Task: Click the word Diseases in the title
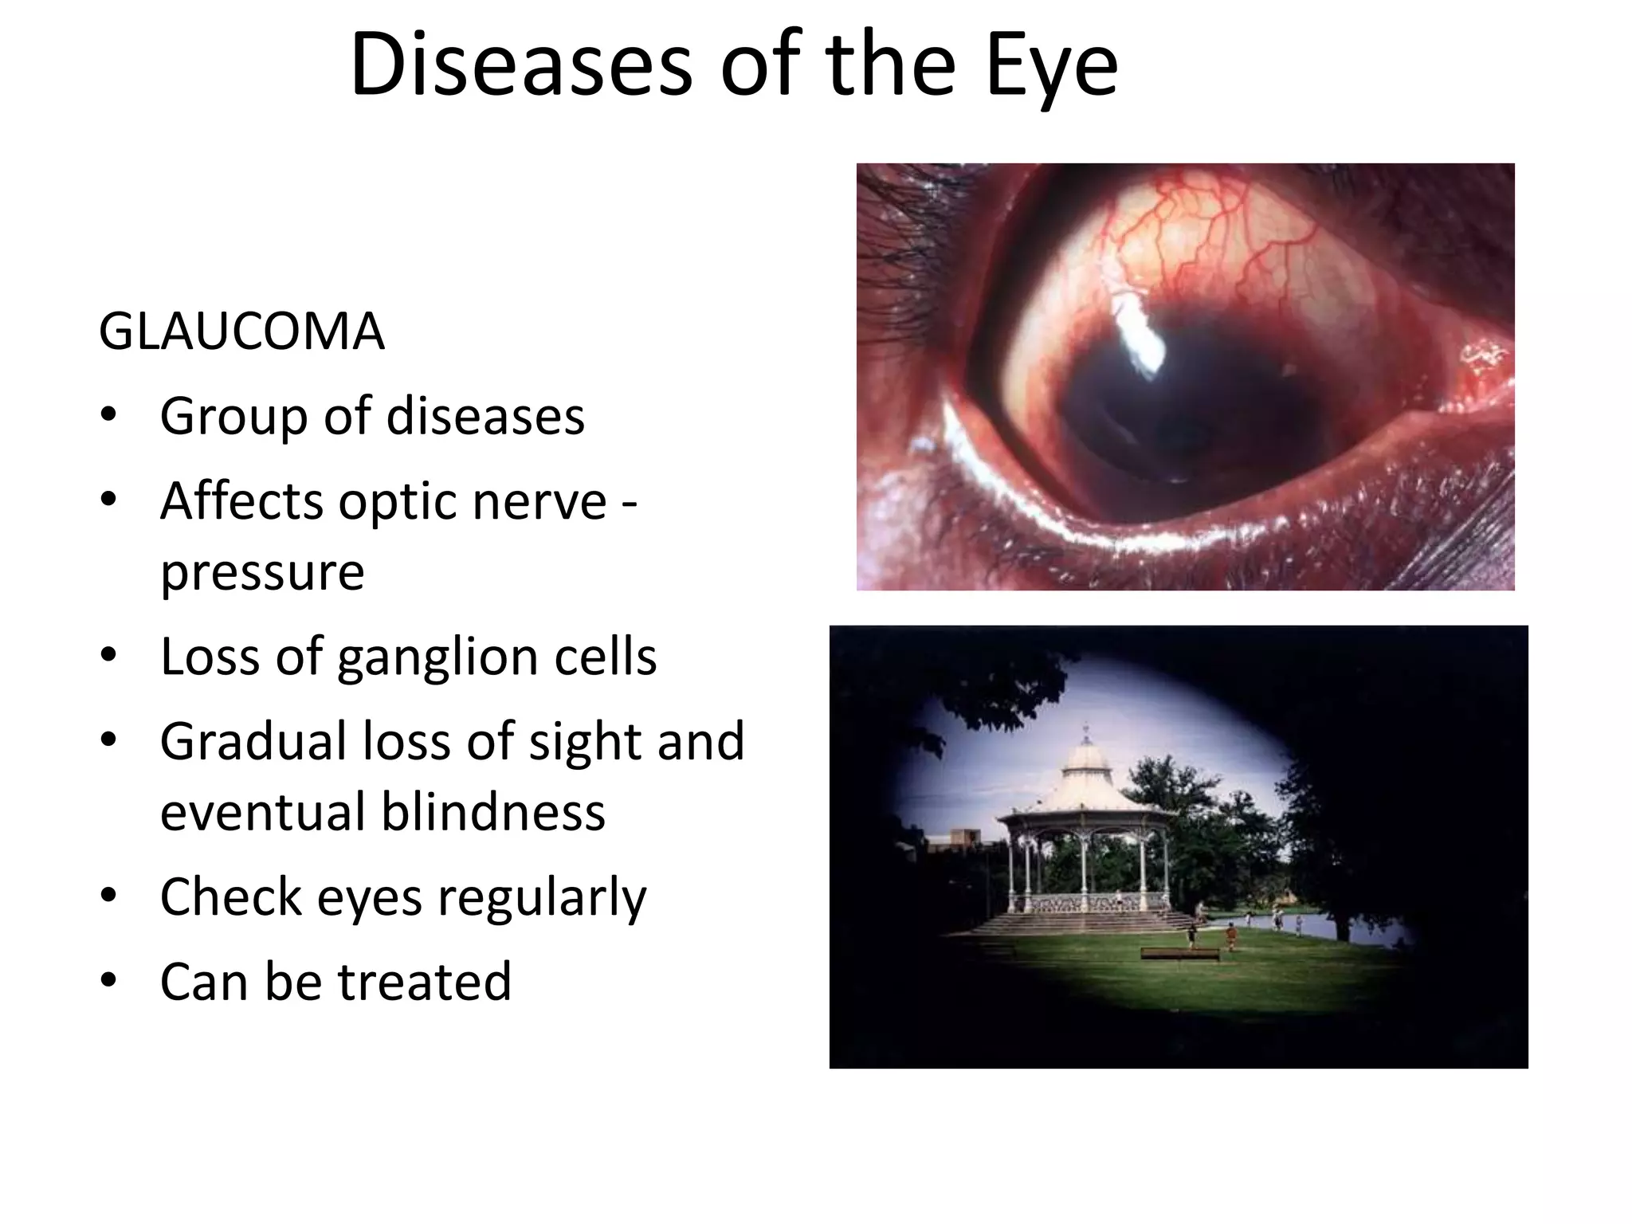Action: [520, 65]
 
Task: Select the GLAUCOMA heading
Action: [241, 331]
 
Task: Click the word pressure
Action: [262, 573]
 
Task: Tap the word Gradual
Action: [253, 741]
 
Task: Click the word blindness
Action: [493, 812]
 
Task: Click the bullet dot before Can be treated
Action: [109, 979]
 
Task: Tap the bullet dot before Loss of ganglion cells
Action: [109, 654]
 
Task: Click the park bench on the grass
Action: [1179, 954]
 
